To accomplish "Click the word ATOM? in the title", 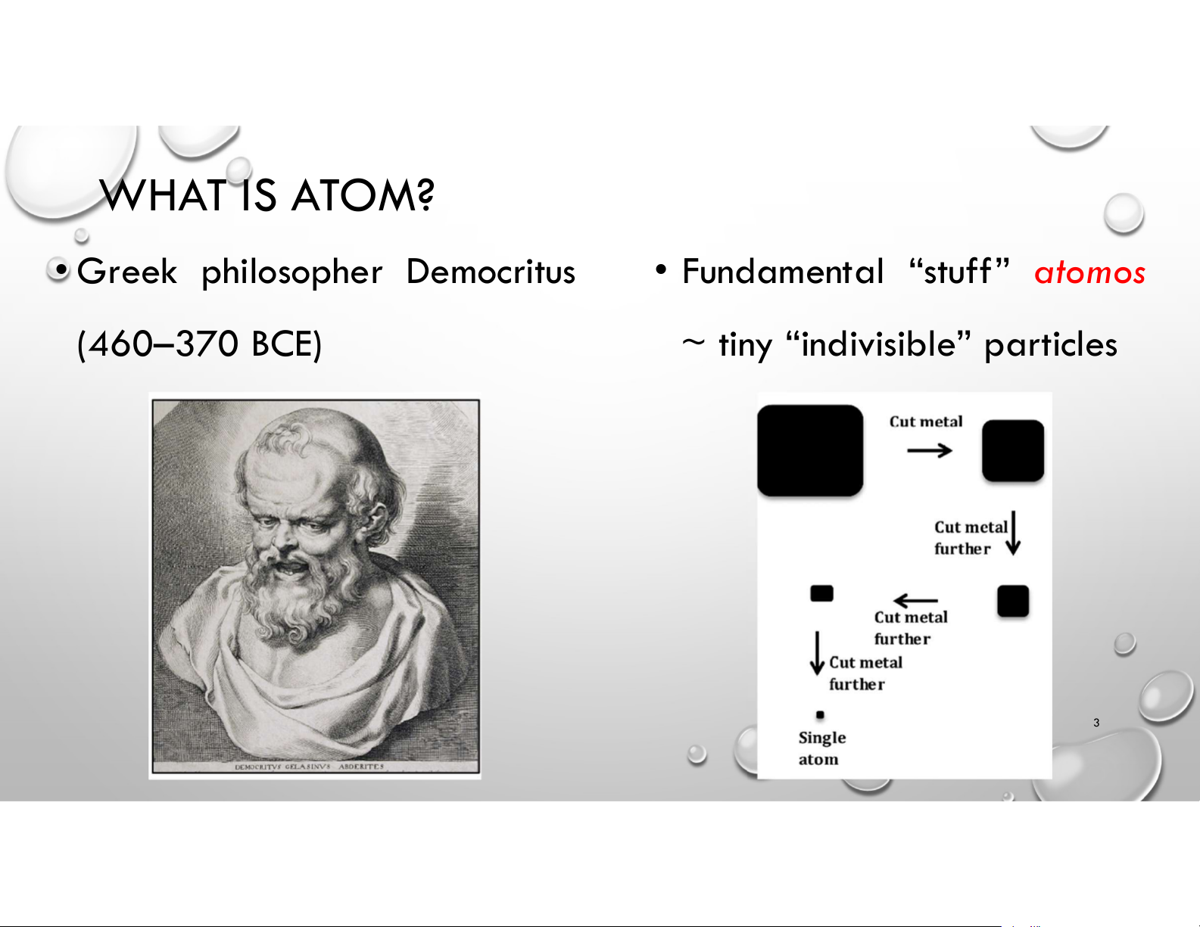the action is click(x=363, y=195).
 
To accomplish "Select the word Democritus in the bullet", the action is click(x=491, y=272).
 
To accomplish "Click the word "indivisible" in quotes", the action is click(x=878, y=344).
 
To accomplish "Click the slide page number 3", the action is click(x=1096, y=722).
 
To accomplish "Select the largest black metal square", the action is click(x=810, y=451).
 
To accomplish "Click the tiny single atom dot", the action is click(x=820, y=715).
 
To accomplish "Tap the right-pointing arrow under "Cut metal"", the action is click(x=930, y=451).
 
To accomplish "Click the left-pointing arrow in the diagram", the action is click(x=915, y=600).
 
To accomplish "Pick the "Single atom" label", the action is click(x=821, y=748).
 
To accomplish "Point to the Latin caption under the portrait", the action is click(x=309, y=767).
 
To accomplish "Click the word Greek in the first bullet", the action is click(x=127, y=272).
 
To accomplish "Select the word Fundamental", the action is click(x=783, y=272).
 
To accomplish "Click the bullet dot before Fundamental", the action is click(x=660, y=270).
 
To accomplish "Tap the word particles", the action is click(x=1051, y=345).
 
